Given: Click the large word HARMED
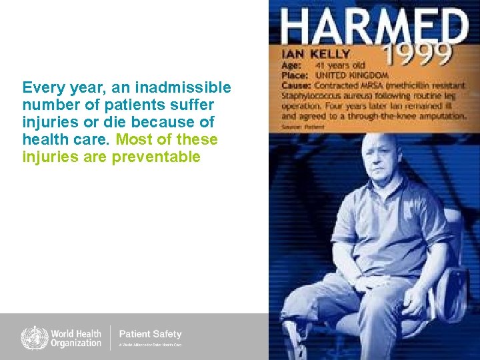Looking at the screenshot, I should tap(374, 27).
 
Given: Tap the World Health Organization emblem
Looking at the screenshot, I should tap(34, 337).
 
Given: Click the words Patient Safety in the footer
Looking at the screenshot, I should tap(150, 333).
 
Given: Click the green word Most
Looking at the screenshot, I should tap(133, 139).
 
